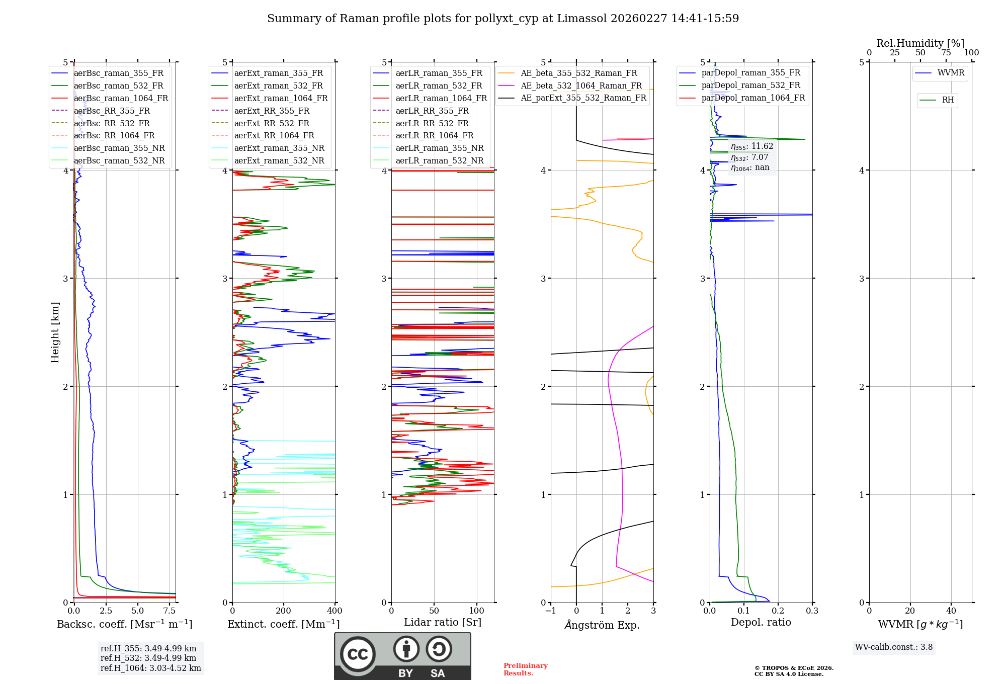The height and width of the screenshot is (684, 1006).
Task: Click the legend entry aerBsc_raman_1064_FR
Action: (121, 99)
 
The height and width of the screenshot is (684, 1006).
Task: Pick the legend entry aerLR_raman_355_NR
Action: (439, 148)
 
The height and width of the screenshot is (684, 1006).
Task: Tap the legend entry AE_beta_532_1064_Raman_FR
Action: (581, 86)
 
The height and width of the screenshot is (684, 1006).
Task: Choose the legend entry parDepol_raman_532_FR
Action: (750, 85)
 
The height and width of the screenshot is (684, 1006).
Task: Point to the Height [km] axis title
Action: (55, 332)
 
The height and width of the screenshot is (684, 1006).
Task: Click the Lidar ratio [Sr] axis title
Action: (443, 622)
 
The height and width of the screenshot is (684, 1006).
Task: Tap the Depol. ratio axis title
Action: (761, 622)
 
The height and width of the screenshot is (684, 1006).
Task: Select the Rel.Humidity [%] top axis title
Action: (920, 43)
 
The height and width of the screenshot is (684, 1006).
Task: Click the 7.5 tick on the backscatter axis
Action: (170, 611)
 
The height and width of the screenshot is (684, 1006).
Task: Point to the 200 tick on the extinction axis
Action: (284, 611)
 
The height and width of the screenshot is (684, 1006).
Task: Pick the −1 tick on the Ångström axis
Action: (551, 611)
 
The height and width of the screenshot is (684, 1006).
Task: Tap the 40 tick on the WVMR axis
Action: (951, 611)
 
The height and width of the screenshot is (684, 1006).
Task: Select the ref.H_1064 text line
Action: (150, 668)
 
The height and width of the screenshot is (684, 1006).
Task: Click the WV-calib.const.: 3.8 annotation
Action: (894, 647)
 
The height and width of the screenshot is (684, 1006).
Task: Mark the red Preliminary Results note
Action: (525, 669)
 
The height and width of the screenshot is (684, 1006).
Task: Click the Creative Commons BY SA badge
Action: (402, 656)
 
